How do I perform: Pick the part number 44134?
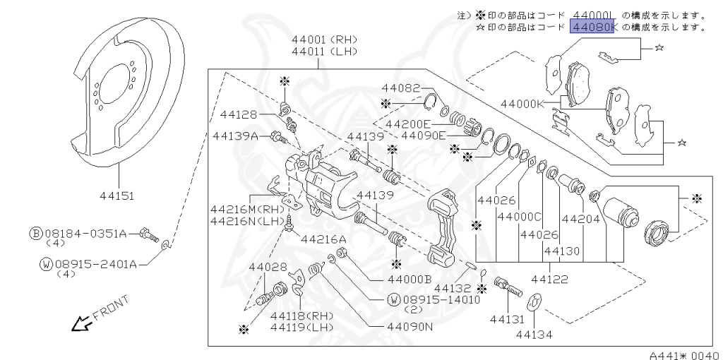pyautogui.click(x=534, y=334)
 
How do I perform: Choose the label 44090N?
pyautogui.click(x=410, y=327)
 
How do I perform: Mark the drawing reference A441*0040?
pyautogui.click(x=683, y=355)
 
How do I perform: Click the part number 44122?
pyautogui.click(x=551, y=280)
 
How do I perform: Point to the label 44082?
pyautogui.click(x=400, y=88)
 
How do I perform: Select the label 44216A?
pyautogui.click(x=323, y=239)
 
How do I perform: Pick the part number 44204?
pyautogui.click(x=580, y=219)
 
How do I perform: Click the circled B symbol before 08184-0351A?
pyautogui.click(x=35, y=232)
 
